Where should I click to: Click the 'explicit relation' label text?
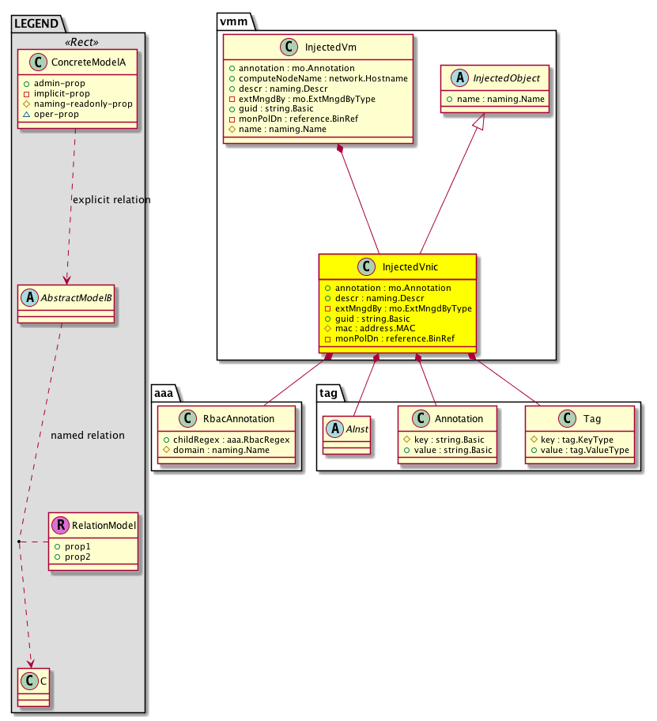coord(111,200)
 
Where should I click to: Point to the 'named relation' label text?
coord(87,436)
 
